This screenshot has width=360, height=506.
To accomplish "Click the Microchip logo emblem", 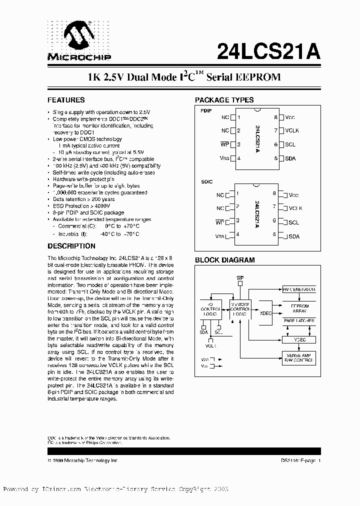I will pyautogui.click(x=79, y=36).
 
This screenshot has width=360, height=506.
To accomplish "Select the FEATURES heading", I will pyautogui.click(x=66, y=100).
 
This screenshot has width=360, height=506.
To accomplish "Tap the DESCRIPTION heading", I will pyautogui.click(x=71, y=246).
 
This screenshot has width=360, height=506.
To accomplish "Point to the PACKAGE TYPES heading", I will pyautogui.click(x=224, y=100).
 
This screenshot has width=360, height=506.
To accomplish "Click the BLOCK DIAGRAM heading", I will pyautogui.click(x=224, y=260).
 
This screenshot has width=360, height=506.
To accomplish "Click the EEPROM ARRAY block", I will pyautogui.click(x=299, y=308).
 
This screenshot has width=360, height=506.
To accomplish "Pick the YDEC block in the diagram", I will pyautogui.click(x=299, y=339).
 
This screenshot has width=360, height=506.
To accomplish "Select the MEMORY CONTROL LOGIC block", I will pyautogui.click(x=239, y=308).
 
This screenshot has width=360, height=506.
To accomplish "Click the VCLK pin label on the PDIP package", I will pyautogui.click(x=292, y=130).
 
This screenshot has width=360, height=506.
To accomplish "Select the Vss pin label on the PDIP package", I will pyautogui.click(x=224, y=158).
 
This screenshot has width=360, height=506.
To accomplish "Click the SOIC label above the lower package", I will pyautogui.click(x=206, y=183).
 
